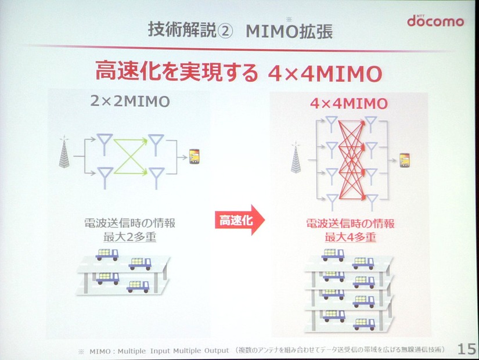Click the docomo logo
[435, 21]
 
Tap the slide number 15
[466, 349]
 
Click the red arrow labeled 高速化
[240, 220]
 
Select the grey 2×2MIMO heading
[130, 101]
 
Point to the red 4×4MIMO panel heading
[349, 103]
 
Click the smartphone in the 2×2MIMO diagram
[195, 156]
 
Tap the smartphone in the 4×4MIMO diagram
[405, 160]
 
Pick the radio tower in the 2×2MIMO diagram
[64, 152]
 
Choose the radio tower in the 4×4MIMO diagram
[296, 158]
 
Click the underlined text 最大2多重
[130, 237]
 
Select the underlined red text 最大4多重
[350, 237]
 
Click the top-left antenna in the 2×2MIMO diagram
[105, 143]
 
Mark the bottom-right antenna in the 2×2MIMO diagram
[156, 178]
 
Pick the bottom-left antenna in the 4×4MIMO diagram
[332, 202]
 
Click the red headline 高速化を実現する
[177, 72]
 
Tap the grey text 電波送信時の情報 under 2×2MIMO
[130, 223]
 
